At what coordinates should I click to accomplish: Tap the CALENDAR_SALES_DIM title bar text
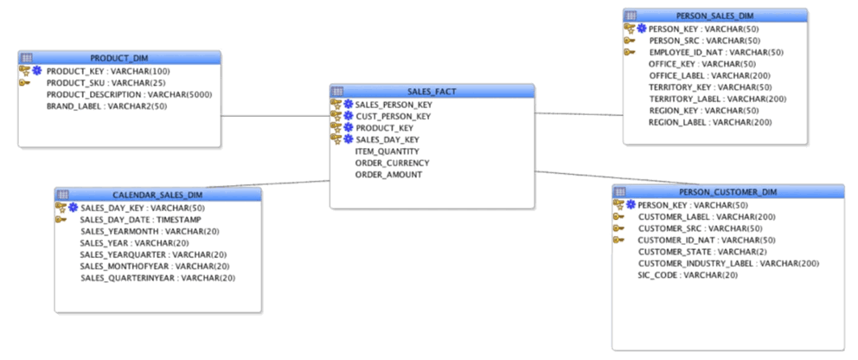point(157,195)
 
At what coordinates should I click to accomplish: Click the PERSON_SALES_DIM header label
point(715,16)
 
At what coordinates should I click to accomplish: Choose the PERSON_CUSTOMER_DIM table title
point(728,191)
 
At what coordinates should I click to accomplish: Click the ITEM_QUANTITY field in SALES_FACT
point(387,151)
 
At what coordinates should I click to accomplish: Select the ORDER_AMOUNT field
point(388,174)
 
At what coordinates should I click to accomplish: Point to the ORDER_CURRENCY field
point(392,163)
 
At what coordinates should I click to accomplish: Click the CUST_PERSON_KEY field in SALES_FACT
point(393,116)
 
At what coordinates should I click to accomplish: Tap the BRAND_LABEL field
point(106,106)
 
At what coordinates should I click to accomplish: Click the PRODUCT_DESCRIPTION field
point(129,94)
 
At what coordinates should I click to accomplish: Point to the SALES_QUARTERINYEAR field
point(157,278)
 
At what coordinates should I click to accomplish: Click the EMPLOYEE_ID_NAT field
point(715,52)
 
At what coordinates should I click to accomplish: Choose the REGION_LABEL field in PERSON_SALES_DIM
point(709,122)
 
